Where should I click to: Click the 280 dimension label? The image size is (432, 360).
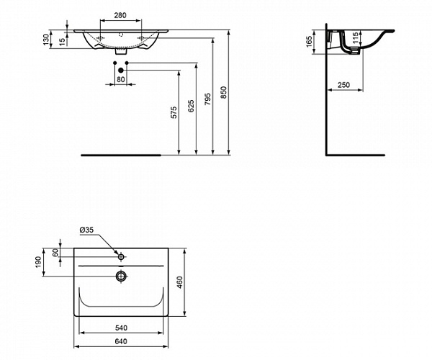pyautogui.click(x=120, y=15)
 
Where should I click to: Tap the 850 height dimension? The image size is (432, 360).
pyautogui.click(x=224, y=92)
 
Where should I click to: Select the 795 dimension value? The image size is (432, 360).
pyautogui.click(x=208, y=99)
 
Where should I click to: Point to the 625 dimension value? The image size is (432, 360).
pyautogui.click(x=191, y=106)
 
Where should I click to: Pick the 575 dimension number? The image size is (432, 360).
pyautogui.click(x=174, y=112)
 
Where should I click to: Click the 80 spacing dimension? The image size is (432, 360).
pyautogui.click(x=121, y=79)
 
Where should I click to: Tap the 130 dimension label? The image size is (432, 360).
pyautogui.click(x=46, y=39)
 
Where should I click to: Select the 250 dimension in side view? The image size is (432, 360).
pyautogui.click(x=343, y=85)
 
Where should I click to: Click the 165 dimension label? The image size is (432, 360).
pyautogui.click(x=309, y=41)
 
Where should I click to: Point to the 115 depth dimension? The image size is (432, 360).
pyautogui.click(x=356, y=37)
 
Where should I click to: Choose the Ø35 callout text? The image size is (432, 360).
pyautogui.click(x=86, y=230)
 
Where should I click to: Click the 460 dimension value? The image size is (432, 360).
pyautogui.click(x=179, y=282)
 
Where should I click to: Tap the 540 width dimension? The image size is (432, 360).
pyautogui.click(x=121, y=328)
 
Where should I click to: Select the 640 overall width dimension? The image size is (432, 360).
pyautogui.click(x=121, y=341)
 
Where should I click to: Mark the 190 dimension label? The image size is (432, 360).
pyautogui.click(x=38, y=261)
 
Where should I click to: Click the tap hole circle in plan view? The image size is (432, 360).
pyautogui.click(x=121, y=257)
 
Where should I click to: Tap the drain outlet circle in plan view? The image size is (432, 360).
pyautogui.click(x=121, y=276)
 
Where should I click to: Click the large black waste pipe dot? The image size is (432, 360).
pyautogui.click(x=120, y=71)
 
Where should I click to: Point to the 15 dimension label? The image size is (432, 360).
pyautogui.click(x=63, y=41)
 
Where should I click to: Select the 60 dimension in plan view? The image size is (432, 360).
pyautogui.click(x=55, y=253)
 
